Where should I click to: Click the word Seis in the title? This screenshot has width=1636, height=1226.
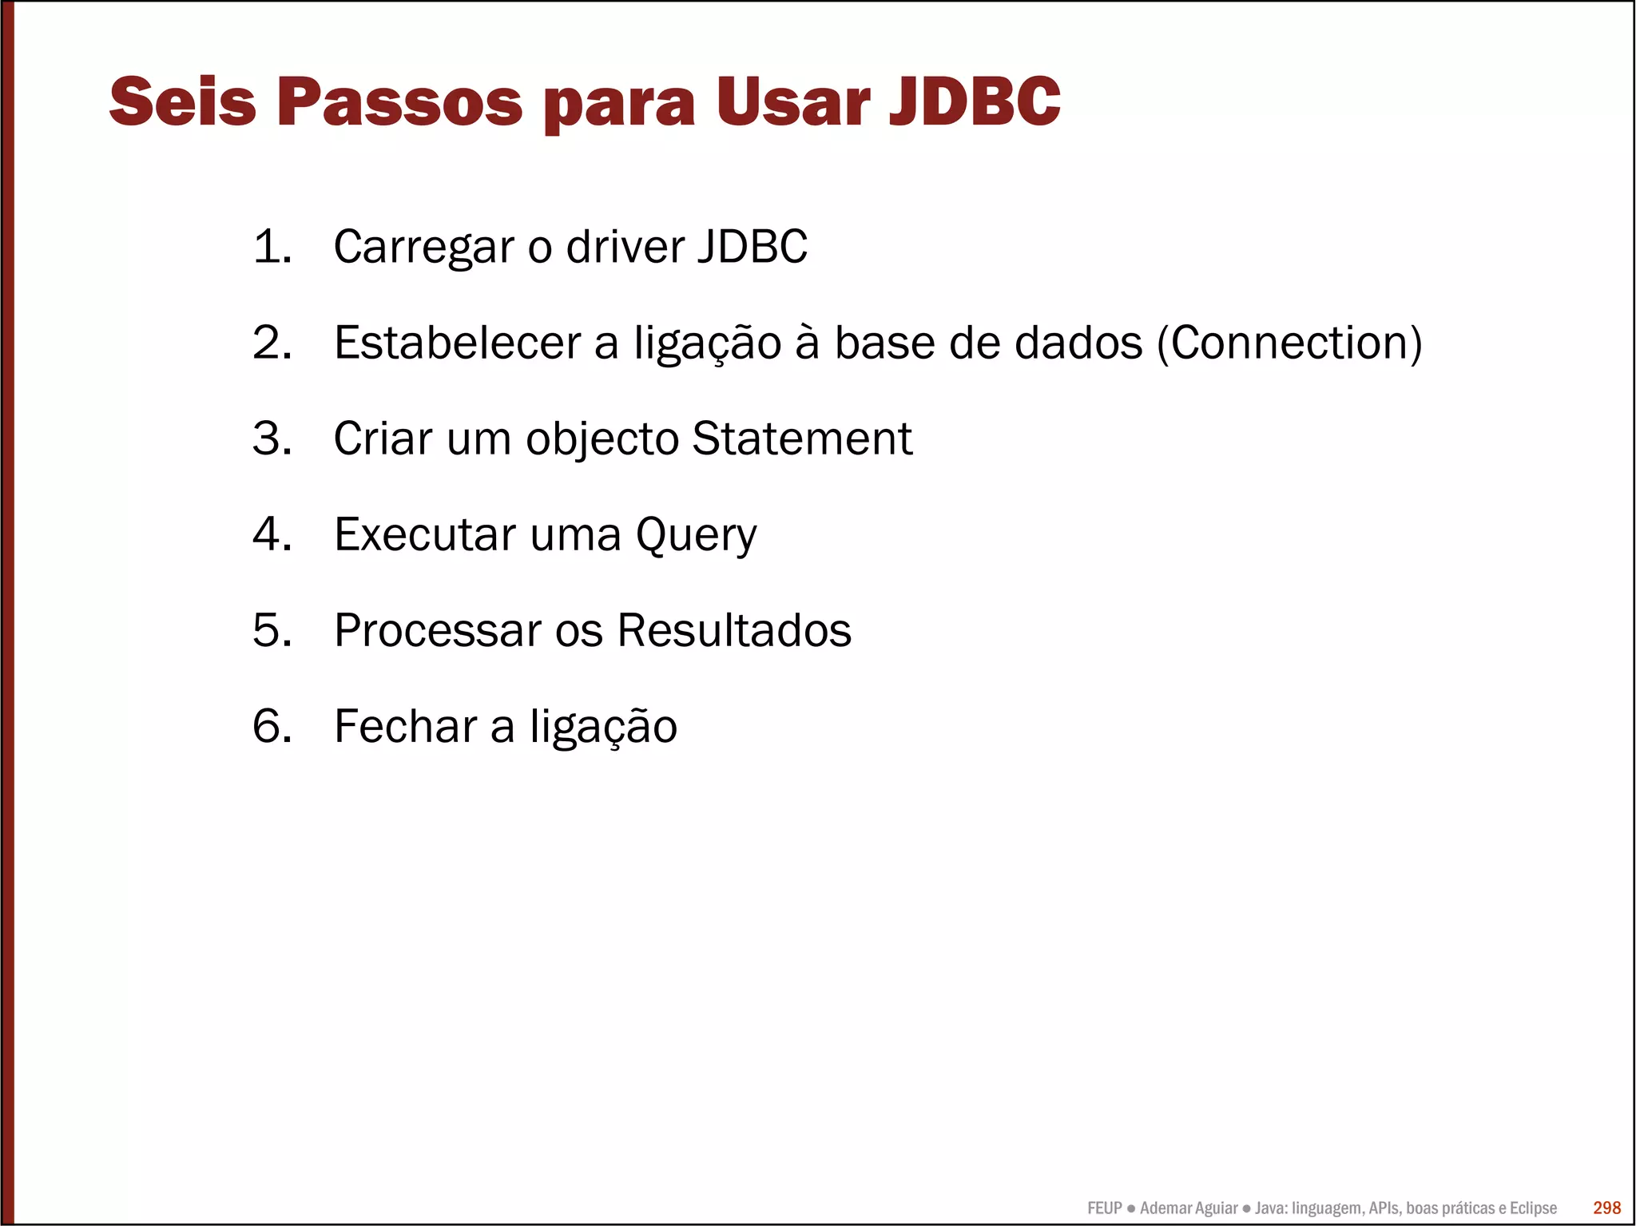(182, 101)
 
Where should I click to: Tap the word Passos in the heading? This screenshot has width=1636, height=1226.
(399, 101)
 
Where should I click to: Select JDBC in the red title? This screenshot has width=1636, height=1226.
(975, 101)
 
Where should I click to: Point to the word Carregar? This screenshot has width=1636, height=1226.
(423, 248)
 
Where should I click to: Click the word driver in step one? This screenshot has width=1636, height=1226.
(625, 246)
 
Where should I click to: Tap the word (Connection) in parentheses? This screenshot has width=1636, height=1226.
(1289, 343)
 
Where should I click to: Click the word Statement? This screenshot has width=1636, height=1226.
(802, 438)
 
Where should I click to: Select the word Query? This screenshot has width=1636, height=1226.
(696, 536)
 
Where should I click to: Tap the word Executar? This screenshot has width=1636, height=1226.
(424, 534)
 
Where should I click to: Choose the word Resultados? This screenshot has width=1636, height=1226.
(734, 630)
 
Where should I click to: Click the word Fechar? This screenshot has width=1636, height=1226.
(405, 726)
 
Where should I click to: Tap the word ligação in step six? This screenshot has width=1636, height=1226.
(603, 728)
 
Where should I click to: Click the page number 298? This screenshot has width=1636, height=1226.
(1606, 1208)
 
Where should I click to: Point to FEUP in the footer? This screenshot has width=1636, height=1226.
(1104, 1208)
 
